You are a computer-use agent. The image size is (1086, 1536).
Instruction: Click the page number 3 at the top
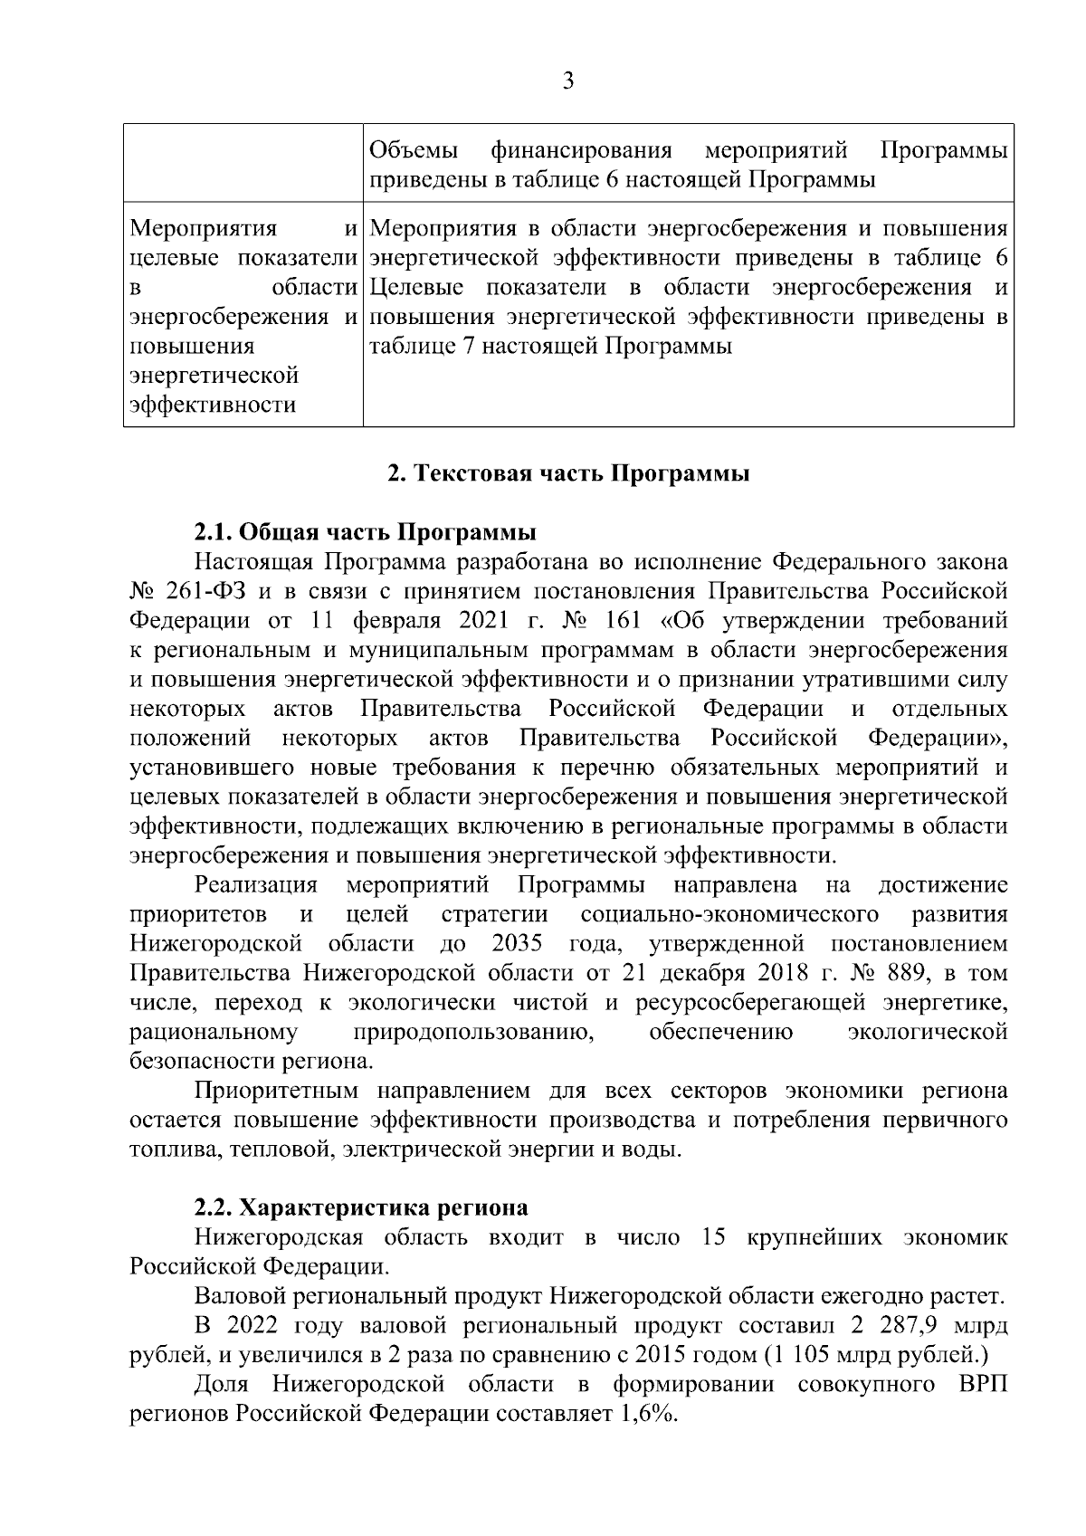(567, 81)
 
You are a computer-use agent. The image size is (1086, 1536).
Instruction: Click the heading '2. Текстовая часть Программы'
(567, 474)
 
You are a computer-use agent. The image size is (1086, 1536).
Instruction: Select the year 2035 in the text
(517, 944)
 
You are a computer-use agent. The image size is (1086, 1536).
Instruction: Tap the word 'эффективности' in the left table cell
(213, 405)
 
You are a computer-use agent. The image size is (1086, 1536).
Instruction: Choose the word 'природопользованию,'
(473, 1032)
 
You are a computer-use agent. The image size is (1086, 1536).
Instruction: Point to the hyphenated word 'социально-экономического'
(730, 914)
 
